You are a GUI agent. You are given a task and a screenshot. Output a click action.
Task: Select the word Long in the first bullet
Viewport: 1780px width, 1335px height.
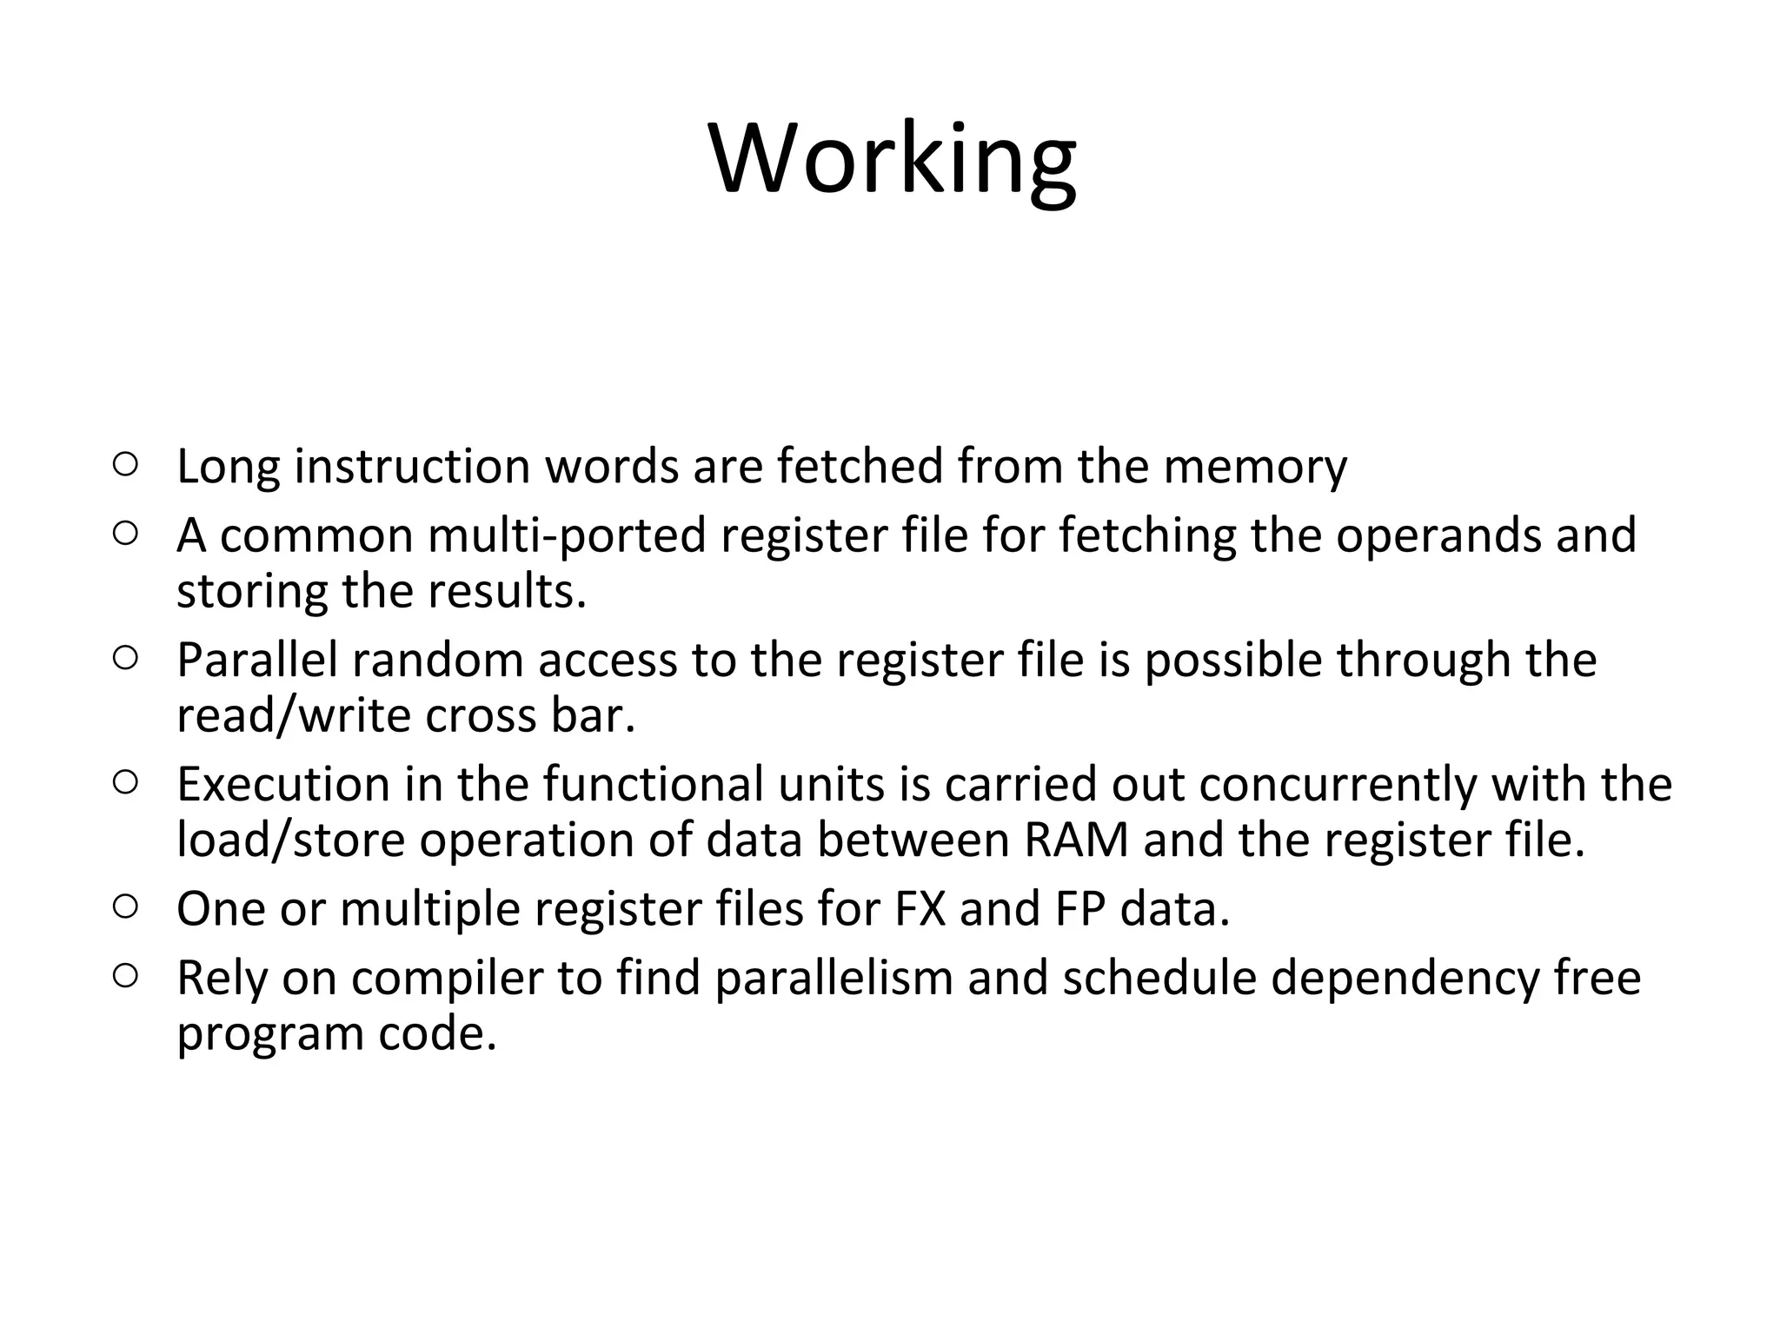click(228, 467)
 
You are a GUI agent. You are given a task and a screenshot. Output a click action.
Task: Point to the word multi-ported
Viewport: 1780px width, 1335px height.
click(567, 536)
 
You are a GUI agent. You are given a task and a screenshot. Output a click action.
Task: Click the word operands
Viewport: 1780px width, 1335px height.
click(1438, 536)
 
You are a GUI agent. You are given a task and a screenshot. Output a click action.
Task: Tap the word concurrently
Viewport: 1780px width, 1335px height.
click(1338, 784)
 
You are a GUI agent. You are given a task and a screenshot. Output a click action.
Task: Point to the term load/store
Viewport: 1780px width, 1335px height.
click(291, 840)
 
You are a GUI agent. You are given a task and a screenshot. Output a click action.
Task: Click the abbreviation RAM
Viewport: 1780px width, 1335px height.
click(1076, 840)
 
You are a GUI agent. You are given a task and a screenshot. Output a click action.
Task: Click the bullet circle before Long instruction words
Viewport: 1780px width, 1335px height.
click(125, 465)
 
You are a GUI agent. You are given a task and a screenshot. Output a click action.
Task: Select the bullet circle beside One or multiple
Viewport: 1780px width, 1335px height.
click(125, 907)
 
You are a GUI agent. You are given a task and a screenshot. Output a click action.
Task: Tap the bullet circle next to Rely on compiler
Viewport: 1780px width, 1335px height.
click(125, 976)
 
